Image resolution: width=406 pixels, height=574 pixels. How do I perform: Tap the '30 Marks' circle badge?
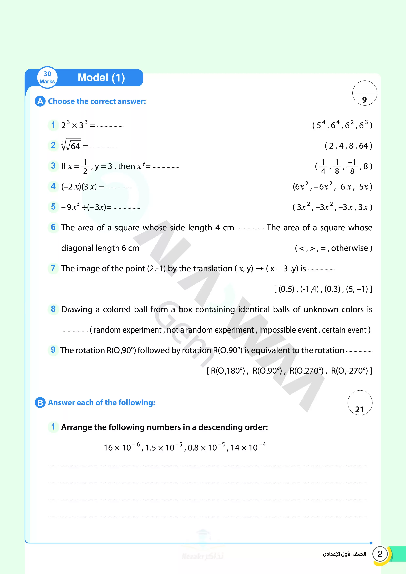pyautogui.click(x=47, y=78)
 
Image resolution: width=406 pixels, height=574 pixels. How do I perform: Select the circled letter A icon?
pyautogui.click(x=40, y=101)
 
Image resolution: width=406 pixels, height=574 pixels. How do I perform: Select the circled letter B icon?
pyautogui.click(x=40, y=403)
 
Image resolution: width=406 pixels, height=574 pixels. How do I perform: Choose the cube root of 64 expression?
pyautogui.click(x=71, y=145)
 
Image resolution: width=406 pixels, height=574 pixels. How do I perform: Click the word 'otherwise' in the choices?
pyautogui.click(x=350, y=248)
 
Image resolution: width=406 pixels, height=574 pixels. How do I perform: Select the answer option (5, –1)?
pyautogui.click(x=357, y=289)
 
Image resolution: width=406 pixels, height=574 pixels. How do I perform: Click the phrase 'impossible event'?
pyautogui.click(x=288, y=330)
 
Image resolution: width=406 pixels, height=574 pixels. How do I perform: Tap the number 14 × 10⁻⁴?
pyautogui.click(x=248, y=447)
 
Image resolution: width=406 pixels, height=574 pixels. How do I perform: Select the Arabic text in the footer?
pyautogui.click(x=344, y=554)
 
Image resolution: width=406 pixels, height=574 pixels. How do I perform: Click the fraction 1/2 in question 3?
pyautogui.click(x=85, y=167)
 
